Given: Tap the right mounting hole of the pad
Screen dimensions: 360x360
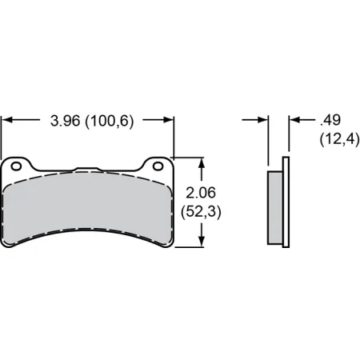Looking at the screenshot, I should coord(158,166).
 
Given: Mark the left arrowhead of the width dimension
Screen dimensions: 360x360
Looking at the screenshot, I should coord(6,122).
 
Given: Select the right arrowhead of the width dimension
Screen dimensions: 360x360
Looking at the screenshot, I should coord(170,122).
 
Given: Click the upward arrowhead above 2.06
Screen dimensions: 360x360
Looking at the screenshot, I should coord(203,162).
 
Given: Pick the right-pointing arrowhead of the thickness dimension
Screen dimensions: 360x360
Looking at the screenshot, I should coord(263,121).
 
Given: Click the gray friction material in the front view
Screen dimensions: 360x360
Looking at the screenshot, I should coord(88,204).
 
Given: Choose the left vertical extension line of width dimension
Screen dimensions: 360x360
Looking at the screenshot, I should coord(2,136).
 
